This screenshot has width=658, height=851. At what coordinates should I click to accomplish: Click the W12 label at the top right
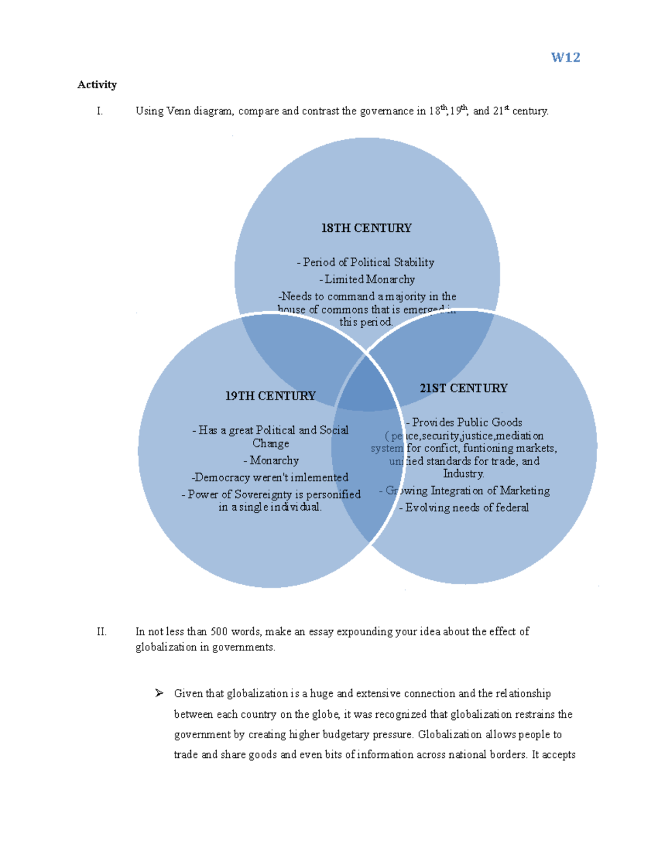point(565,58)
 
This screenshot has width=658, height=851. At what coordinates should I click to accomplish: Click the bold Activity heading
point(97,84)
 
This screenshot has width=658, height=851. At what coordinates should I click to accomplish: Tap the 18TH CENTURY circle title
point(366,228)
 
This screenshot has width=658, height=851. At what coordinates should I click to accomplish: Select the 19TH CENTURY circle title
point(270,396)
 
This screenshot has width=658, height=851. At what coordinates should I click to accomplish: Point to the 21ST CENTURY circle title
point(464,388)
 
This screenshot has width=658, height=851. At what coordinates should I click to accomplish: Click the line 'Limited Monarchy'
point(367,279)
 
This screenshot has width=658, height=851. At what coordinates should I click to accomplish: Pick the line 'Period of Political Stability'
point(366,262)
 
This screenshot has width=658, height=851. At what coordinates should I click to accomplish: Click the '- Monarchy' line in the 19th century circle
point(271,460)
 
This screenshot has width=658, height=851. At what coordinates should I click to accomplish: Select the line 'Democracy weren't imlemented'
point(270,477)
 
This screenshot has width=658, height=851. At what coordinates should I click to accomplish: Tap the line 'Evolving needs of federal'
point(464,507)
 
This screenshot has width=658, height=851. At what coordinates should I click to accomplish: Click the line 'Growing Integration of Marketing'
point(465,490)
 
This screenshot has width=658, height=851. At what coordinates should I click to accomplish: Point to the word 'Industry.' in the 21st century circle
point(464,473)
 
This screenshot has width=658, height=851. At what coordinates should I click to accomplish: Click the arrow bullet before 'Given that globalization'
point(159,693)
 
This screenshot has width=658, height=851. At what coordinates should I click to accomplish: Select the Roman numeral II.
point(101,631)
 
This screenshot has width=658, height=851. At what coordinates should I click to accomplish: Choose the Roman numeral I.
point(99,111)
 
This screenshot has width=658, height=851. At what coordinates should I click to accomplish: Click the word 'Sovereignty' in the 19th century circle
point(263,494)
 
